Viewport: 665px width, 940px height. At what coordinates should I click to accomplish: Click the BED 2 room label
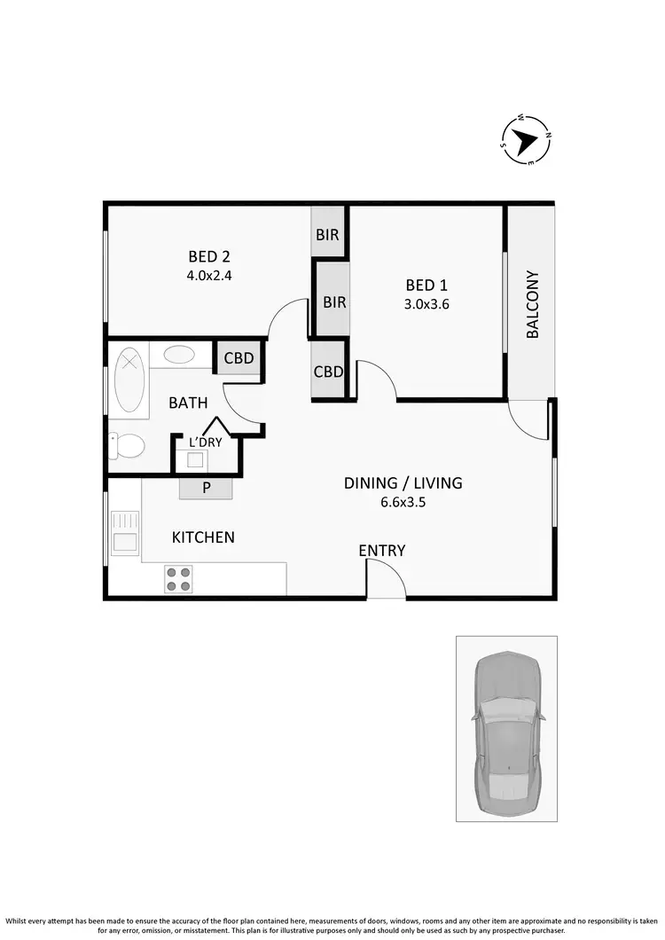(x=208, y=258)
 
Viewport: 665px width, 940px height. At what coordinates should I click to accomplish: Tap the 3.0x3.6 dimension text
(x=426, y=302)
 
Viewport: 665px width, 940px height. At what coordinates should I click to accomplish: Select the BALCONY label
(x=533, y=304)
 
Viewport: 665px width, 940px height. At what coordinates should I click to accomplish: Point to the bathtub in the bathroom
(x=130, y=380)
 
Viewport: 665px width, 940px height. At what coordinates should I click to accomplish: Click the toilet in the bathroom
(x=127, y=446)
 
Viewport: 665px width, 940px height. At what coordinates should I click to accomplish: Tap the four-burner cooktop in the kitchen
(x=178, y=579)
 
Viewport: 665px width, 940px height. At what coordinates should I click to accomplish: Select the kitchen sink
(x=124, y=531)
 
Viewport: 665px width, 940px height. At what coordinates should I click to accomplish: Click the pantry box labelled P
(x=206, y=489)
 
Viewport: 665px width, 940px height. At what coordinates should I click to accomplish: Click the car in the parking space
(x=506, y=730)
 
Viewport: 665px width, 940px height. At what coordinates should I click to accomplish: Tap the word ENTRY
(x=382, y=551)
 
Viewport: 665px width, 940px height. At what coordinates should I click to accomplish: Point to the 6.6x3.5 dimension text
(x=403, y=501)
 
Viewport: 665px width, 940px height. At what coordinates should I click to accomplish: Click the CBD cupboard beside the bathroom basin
(x=239, y=358)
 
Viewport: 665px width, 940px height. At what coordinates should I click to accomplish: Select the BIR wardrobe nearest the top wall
(x=327, y=235)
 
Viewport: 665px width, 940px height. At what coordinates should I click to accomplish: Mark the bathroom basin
(x=180, y=355)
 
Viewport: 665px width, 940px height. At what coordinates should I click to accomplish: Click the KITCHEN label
(x=203, y=537)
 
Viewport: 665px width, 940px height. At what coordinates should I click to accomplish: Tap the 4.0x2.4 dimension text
(x=208, y=275)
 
